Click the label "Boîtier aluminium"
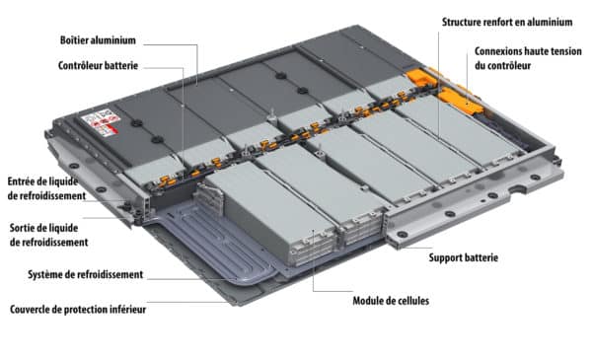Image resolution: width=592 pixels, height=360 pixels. coord(98,40)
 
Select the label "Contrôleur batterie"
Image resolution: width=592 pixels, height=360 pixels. coord(98,66)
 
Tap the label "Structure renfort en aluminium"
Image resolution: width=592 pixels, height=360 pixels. coord(507,22)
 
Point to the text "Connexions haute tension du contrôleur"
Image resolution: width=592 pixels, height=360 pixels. coord(528,58)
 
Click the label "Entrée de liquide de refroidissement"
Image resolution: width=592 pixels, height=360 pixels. coord(46,188)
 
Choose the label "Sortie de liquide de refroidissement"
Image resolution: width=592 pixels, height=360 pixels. coord(48,235)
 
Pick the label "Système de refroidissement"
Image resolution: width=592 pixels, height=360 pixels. coord(85,274)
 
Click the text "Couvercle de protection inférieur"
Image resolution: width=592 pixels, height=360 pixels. coord(78,310)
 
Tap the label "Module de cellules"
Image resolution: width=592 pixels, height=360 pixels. coord(391,301)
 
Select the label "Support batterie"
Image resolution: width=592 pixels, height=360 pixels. coord(464,257)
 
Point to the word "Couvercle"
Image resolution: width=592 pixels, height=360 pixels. coord(31,310)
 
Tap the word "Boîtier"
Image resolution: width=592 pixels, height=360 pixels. coord(73,40)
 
